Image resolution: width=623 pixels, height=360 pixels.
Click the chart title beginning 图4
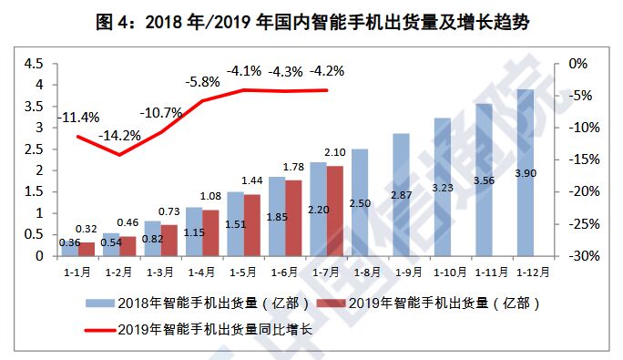click(x=311, y=23)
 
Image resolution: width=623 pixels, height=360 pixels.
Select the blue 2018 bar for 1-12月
click(x=526, y=173)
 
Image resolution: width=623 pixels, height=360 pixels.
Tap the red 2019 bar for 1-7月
click(x=335, y=211)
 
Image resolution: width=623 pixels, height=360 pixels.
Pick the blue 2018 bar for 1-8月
click(x=360, y=202)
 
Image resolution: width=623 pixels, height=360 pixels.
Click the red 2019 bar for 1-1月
click(x=87, y=249)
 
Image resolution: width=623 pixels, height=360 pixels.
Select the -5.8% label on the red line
click(x=202, y=81)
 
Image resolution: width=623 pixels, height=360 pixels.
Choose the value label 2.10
click(x=334, y=152)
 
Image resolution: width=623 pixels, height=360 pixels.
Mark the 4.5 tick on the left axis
click(x=34, y=64)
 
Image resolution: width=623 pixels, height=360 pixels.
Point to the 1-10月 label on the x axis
click(x=443, y=271)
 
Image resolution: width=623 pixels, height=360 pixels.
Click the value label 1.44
click(x=251, y=181)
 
